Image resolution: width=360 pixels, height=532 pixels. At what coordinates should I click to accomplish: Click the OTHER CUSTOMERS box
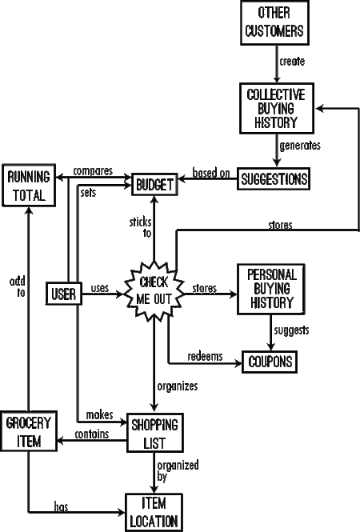click(x=274, y=22)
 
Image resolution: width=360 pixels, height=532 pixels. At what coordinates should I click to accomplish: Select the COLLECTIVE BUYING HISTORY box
click(x=277, y=108)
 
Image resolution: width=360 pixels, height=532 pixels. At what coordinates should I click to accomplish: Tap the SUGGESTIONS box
click(x=274, y=178)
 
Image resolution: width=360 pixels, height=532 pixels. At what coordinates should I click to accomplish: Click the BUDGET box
click(x=154, y=185)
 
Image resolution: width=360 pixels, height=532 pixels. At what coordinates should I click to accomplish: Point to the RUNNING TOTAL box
click(x=29, y=186)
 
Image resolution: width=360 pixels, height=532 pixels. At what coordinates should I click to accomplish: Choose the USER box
click(x=64, y=293)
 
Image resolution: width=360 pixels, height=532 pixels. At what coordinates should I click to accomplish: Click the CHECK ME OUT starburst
click(x=154, y=291)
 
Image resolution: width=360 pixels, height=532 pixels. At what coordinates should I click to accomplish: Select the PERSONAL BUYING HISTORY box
click(x=270, y=289)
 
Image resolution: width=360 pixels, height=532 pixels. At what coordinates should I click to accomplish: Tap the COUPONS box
click(x=270, y=362)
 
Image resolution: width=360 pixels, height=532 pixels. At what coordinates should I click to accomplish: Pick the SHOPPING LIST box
click(x=155, y=433)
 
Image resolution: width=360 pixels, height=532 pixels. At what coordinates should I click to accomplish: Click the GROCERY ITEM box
click(x=29, y=431)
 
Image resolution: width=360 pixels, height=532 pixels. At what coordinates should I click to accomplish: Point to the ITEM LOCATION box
click(x=154, y=512)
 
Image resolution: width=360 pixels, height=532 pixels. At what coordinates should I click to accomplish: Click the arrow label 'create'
click(x=292, y=62)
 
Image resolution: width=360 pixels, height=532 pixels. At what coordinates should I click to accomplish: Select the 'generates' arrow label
click(x=300, y=146)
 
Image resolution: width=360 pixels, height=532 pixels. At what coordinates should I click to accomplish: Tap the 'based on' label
click(x=211, y=173)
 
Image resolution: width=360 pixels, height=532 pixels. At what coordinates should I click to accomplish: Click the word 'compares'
click(x=93, y=171)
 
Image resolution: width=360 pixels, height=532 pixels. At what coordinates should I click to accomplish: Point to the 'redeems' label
click(x=205, y=356)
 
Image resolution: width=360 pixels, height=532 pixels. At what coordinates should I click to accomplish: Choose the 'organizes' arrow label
click(x=178, y=386)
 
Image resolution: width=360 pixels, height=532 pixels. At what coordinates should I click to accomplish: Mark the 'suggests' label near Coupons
click(x=291, y=330)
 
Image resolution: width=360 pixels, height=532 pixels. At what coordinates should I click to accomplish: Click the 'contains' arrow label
click(x=92, y=434)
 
